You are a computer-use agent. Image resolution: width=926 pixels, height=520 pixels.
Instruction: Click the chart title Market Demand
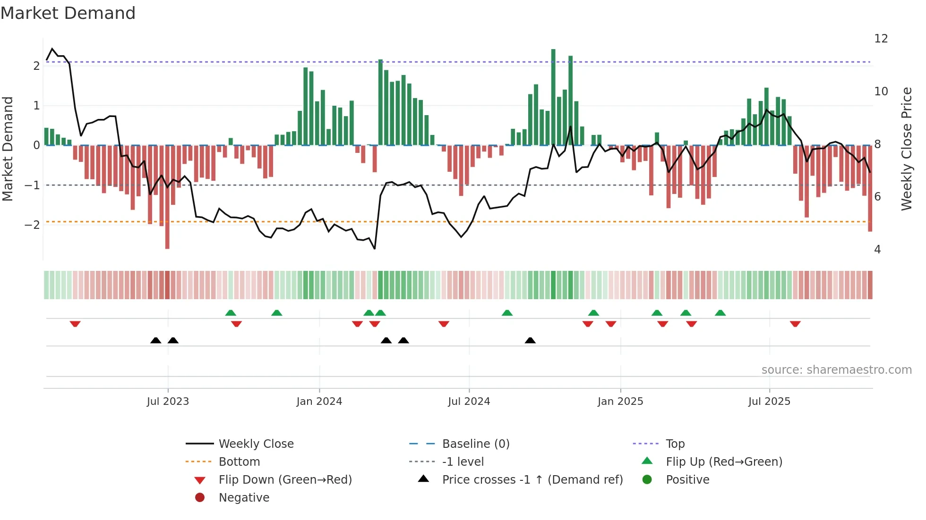68,13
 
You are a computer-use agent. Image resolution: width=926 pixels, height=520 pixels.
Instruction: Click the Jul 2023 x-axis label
168,402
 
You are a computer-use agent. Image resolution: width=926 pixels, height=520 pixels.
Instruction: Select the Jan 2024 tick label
319,402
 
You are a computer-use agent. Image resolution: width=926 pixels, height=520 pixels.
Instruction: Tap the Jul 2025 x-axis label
769,402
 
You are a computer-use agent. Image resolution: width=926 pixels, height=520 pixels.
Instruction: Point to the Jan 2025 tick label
620,402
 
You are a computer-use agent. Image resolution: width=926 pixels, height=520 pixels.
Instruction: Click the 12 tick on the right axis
881,39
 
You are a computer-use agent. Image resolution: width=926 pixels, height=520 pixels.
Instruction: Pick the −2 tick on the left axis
32,225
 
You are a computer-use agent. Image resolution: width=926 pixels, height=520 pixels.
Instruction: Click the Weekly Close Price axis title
907,149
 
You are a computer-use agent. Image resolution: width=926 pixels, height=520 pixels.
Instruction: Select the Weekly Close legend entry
256,444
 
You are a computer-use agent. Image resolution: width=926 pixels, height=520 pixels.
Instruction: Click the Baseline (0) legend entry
475,444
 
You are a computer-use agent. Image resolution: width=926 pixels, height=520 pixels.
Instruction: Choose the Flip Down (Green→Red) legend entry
285,480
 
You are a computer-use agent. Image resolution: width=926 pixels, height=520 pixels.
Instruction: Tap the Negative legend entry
244,498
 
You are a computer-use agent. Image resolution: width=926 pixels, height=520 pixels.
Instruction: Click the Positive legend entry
687,480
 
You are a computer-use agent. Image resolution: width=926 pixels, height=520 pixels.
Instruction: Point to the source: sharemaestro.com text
836,370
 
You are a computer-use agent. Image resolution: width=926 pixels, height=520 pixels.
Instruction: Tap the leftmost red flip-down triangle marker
75,324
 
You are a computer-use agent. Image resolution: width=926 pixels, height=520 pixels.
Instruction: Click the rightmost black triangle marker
530,340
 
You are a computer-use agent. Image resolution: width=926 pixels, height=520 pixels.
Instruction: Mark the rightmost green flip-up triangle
720,313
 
